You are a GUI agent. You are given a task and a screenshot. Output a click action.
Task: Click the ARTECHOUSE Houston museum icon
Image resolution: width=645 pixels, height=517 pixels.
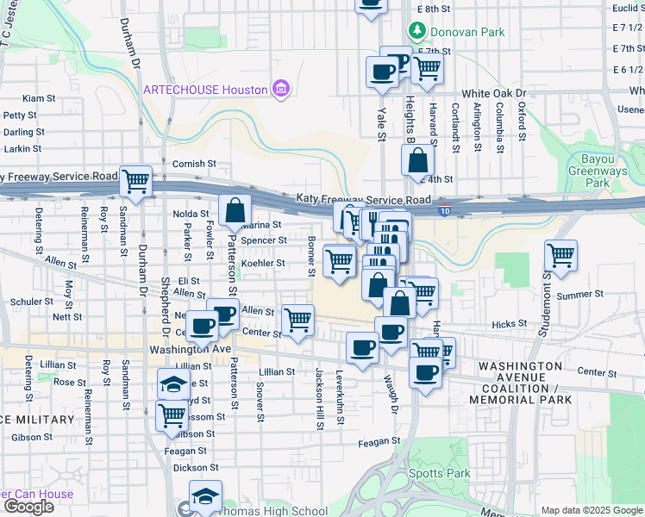point(279,89)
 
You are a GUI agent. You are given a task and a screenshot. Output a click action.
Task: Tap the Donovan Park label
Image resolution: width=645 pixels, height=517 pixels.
point(457,32)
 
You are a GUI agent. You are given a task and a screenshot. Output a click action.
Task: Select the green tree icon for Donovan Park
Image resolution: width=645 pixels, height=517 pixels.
point(418,32)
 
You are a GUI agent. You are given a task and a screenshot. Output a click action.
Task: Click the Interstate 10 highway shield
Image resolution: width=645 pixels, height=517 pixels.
point(444,209)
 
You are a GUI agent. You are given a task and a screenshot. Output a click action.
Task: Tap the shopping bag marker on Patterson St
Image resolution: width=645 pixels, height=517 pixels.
point(235,210)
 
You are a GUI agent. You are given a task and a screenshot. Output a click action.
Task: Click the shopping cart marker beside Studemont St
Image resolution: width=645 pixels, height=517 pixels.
point(560,256)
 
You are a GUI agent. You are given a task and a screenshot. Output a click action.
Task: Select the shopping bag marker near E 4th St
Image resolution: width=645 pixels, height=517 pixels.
point(417,159)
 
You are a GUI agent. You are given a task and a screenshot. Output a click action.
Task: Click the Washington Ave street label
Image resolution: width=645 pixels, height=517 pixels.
point(190,350)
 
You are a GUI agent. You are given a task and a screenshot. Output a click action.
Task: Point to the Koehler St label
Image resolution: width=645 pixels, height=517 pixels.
point(263,263)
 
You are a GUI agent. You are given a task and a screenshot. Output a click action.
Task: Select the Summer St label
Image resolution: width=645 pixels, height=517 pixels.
point(580,295)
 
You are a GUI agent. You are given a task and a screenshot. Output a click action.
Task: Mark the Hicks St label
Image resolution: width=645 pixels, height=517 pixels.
point(509,324)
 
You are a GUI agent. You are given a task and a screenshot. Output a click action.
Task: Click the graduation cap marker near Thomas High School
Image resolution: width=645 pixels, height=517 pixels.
point(205,497)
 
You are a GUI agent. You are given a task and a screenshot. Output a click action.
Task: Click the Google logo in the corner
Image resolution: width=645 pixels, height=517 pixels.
point(28,507)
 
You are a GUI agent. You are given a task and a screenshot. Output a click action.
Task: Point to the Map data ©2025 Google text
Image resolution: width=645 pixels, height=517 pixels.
point(591,510)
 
